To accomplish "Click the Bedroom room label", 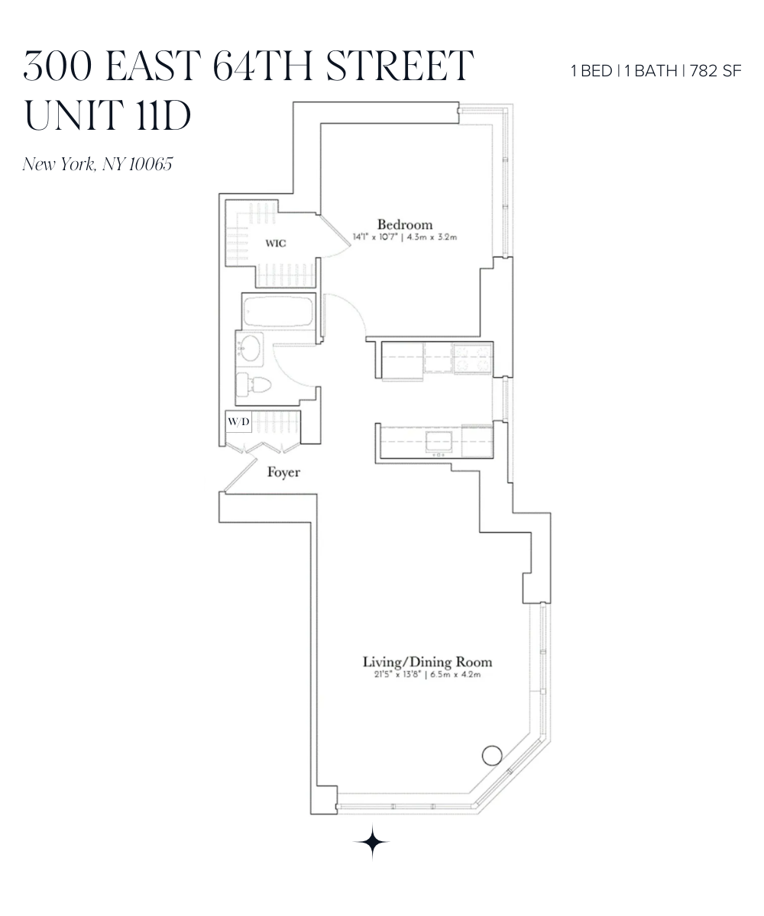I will [405, 224].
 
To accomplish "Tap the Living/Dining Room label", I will [427, 662].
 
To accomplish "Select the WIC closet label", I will [275, 244].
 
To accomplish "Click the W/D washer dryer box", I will [238, 421].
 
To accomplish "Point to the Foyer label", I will [283, 473].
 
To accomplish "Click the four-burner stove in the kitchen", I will [471, 359].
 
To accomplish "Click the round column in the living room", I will [492, 756].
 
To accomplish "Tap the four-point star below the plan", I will [372, 842].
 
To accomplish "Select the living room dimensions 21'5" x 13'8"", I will [392, 675].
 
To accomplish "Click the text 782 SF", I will [716, 72].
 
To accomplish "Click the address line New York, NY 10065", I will [99, 164].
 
